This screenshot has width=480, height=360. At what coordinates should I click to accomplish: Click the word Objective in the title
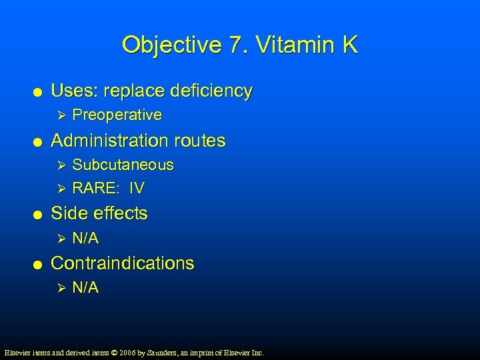coord(170,45)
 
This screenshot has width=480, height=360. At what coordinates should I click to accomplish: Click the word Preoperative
coord(117,115)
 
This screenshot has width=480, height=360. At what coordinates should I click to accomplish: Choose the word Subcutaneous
coord(123,165)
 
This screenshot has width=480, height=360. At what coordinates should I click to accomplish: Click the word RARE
coord(92,189)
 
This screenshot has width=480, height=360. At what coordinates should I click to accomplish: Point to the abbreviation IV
coord(137,189)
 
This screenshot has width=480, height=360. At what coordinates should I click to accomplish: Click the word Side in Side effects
coord(68,213)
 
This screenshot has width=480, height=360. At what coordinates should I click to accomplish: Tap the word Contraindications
coord(123,263)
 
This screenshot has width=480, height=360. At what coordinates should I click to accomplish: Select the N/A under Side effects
coord(85,238)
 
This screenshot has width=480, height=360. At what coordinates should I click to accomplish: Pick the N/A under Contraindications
coord(85,287)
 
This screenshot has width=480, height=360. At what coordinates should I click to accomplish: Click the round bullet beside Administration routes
coord(39,141)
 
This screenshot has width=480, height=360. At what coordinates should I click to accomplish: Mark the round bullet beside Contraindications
coord(39,264)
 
